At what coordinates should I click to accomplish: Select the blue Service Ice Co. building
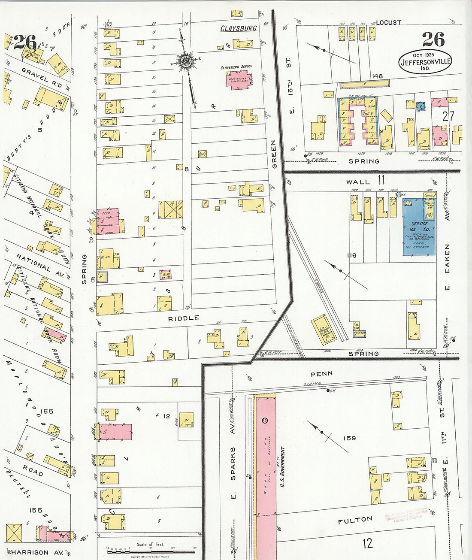click(x=418, y=227)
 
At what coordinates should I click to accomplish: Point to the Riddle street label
click(x=184, y=318)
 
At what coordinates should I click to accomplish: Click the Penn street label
click(x=321, y=374)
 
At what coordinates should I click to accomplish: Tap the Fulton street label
click(x=355, y=521)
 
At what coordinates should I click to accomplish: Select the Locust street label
click(x=389, y=22)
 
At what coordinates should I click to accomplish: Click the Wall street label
click(x=358, y=182)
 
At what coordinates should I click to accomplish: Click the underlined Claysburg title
click(x=238, y=28)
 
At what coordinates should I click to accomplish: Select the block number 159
click(x=350, y=438)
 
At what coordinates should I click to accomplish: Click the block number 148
click(x=377, y=76)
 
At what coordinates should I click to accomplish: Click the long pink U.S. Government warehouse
click(x=265, y=472)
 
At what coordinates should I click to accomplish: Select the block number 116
click(x=352, y=255)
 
